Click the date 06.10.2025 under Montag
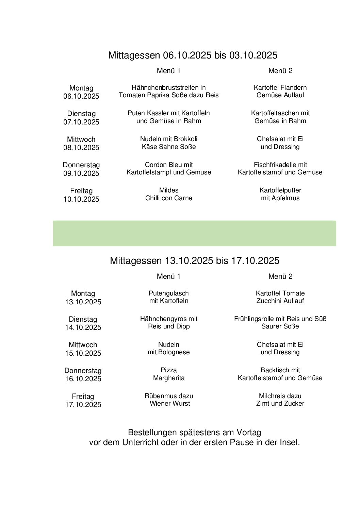click(x=81, y=96)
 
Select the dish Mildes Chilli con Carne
click(x=168, y=194)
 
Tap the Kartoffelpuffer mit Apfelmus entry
click(x=280, y=194)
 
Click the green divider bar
click(x=194, y=233)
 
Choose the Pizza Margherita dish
click(x=168, y=374)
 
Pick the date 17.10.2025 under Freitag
click(x=83, y=405)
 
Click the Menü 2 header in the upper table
click(x=280, y=71)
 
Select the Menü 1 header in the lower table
click(x=168, y=276)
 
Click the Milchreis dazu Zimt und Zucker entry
click(x=280, y=400)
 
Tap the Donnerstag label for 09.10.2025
click(x=81, y=165)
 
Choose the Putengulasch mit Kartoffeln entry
click(x=168, y=297)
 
